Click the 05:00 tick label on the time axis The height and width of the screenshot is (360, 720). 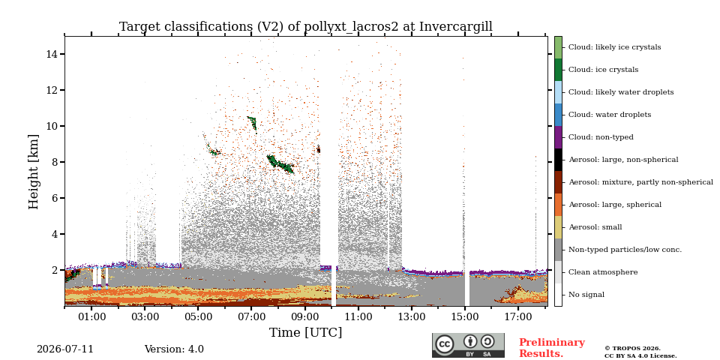click(x=198, y=316)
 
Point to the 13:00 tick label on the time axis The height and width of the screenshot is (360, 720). click(x=412, y=316)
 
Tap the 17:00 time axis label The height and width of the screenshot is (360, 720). click(x=518, y=316)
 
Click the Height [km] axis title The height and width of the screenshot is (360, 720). click(x=34, y=172)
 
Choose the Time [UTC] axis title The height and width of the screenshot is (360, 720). click(x=305, y=332)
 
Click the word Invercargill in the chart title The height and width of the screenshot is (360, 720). click(x=455, y=27)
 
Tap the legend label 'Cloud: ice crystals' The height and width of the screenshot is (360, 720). click(x=603, y=70)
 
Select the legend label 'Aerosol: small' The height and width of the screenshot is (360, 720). click(x=595, y=227)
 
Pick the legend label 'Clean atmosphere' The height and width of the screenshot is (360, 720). click(x=603, y=272)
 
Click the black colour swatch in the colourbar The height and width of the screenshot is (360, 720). click(x=558, y=160)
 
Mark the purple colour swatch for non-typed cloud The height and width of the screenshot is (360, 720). click(x=558, y=137)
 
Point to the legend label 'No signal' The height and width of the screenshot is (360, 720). click(x=586, y=295)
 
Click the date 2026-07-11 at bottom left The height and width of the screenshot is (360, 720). click(x=65, y=349)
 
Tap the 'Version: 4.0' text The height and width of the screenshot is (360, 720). click(x=174, y=349)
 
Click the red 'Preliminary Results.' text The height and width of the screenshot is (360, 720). click(x=552, y=348)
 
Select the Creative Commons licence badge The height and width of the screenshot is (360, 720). click(x=468, y=345)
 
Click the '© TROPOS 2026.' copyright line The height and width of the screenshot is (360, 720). click(x=633, y=349)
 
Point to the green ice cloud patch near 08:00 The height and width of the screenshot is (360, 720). click(x=280, y=164)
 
